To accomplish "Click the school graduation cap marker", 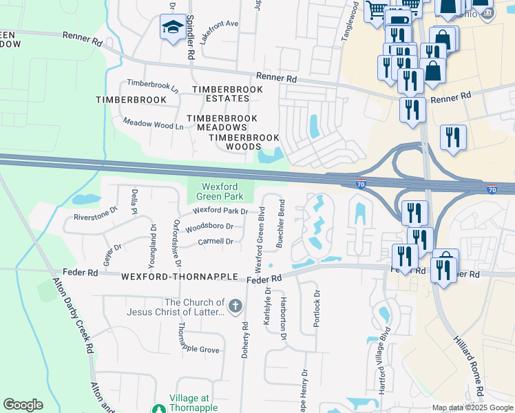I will [x=170, y=28].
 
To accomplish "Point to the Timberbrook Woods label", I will [x=235, y=142].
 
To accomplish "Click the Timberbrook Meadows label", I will [x=227, y=123].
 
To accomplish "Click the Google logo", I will [x=23, y=405].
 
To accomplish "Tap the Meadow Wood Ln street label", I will [x=153, y=125].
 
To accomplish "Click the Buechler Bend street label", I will [x=280, y=223].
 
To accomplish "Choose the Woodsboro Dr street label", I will [x=209, y=226].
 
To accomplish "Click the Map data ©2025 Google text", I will [x=472, y=407].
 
